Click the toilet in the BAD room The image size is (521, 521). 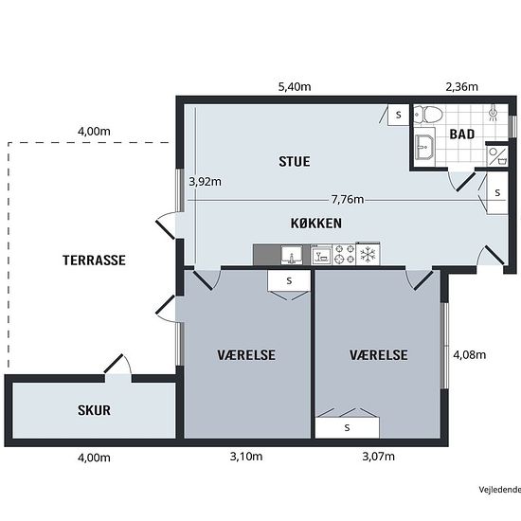pos(428,115)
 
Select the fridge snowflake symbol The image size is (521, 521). pos(368,255)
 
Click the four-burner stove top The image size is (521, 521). pos(344,254)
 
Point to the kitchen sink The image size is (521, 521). pos(292,255)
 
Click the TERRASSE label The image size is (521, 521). pos(94,260)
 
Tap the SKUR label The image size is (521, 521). pos(94,410)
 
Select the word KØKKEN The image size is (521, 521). pos(316,224)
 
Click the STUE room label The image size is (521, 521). pos(295,161)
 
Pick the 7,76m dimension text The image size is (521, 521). pos(348,199)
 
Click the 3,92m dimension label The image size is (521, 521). pos(205,182)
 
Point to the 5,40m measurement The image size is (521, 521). pos(295,87)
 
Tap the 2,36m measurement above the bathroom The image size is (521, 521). pos(462,87)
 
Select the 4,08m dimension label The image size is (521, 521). pos(470,355)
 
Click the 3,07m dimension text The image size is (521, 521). pos(379,457)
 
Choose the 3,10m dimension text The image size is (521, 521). pos(246,457)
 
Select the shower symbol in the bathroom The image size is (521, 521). pos(494,113)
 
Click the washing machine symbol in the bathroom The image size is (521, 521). pos(497,156)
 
